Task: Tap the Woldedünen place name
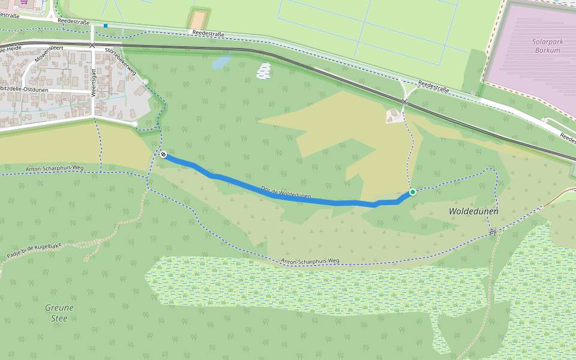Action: [473, 211]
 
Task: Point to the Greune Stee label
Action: [59, 313]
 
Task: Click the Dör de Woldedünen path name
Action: [286, 192]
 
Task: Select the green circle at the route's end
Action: [413, 192]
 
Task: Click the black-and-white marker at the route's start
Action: [163, 154]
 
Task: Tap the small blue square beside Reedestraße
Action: [106, 26]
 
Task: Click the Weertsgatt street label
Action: [94, 82]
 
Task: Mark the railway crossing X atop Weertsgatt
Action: [92, 45]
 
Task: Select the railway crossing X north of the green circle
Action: [404, 103]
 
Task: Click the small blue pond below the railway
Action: [221, 61]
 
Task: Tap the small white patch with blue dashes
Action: [263, 71]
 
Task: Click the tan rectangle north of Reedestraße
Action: [196, 20]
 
